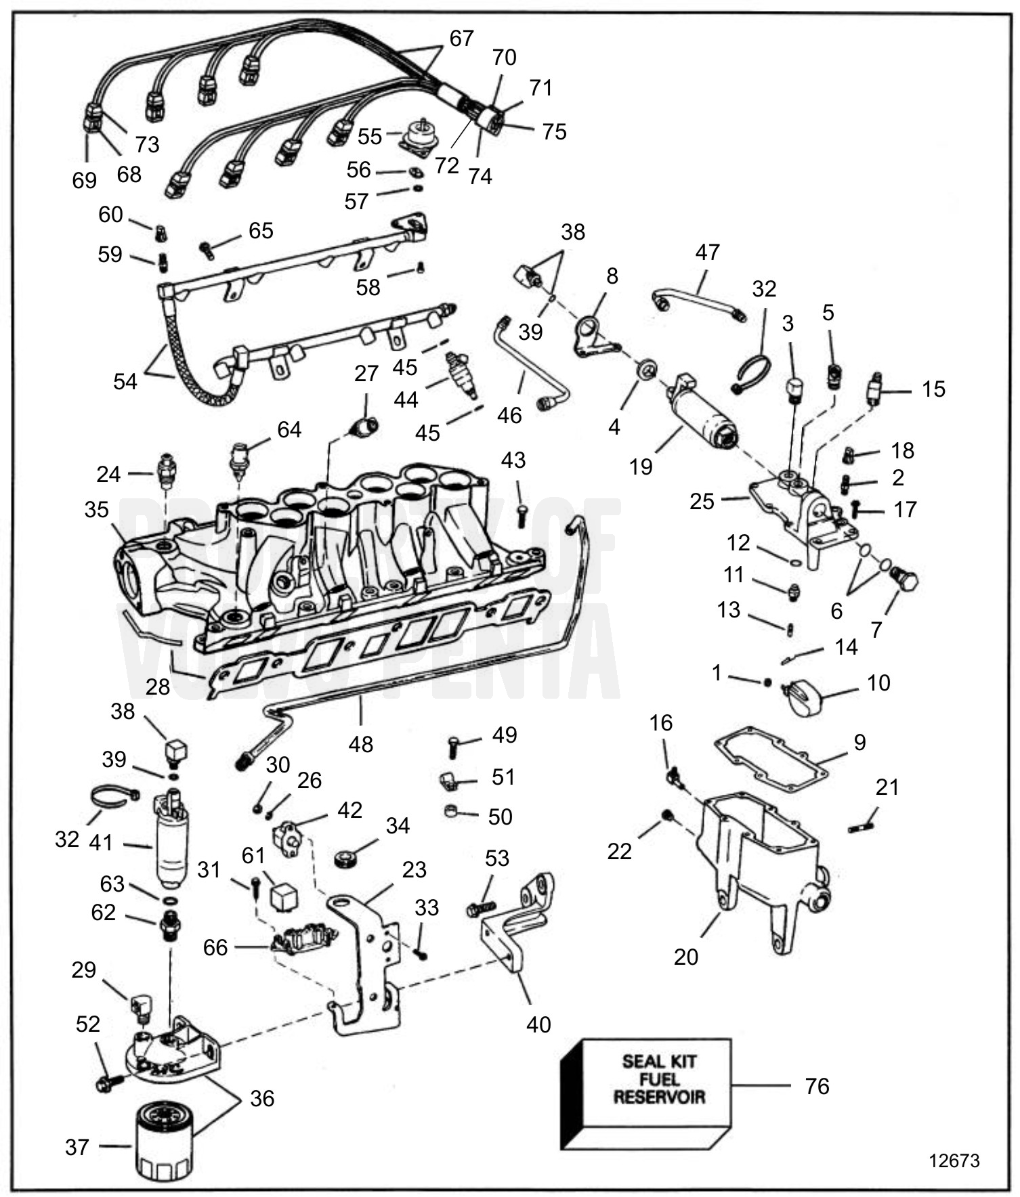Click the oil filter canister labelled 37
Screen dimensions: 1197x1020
(x=165, y=1139)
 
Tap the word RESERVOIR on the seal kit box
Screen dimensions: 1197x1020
(x=659, y=1097)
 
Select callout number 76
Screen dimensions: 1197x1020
(x=817, y=1086)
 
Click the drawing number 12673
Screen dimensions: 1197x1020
(x=954, y=1160)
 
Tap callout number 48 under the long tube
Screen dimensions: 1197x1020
(x=360, y=744)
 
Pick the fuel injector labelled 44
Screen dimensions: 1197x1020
(x=462, y=374)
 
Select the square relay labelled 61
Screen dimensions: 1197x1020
(x=284, y=897)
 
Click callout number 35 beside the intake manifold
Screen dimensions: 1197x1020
(x=96, y=510)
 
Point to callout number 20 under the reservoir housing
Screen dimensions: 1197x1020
(x=685, y=957)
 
